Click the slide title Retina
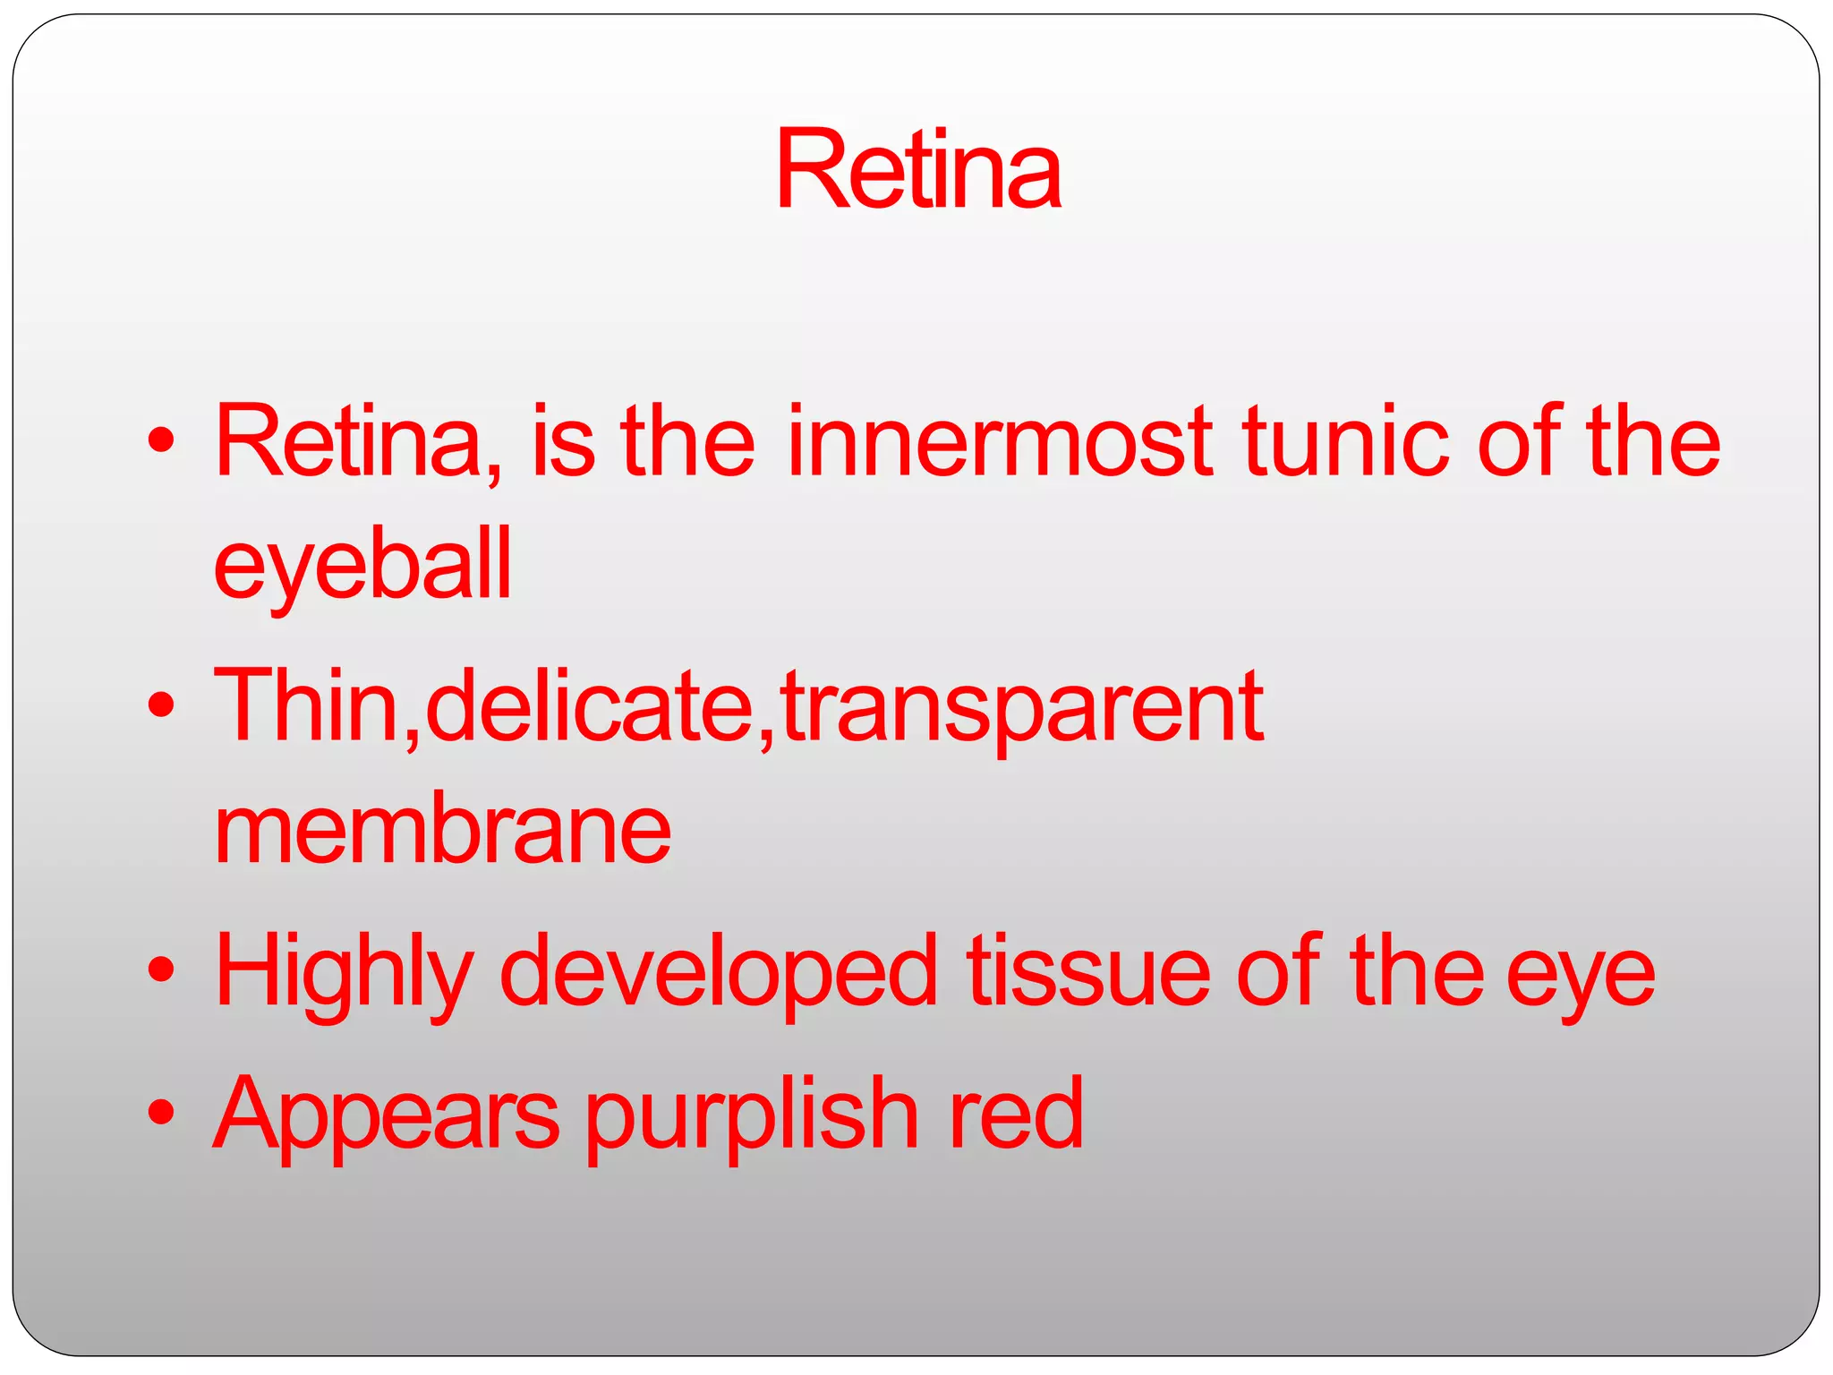918,170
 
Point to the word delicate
590,706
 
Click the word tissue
1087,972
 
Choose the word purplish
752,1115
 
